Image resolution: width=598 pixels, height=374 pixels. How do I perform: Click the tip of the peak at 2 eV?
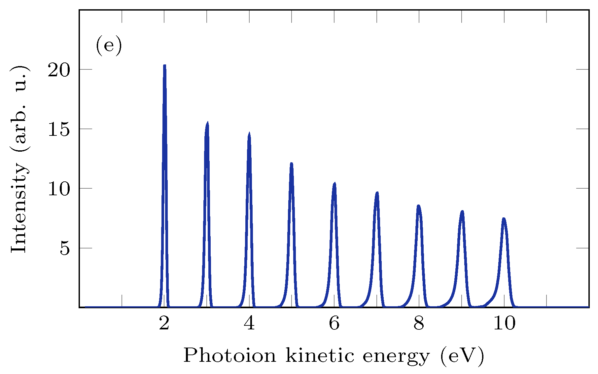pos(164,65)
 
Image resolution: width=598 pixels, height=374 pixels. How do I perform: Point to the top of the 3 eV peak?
pos(207,123)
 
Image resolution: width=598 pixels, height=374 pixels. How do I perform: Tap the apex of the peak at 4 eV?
pos(249,133)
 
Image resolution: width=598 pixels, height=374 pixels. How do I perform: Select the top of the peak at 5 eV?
pos(291,163)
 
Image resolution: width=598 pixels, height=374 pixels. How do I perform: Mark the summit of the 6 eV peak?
pos(334,183)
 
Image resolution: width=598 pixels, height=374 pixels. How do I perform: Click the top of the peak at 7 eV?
pos(377,192)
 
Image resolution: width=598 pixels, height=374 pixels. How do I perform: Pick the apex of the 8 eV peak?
pos(418,206)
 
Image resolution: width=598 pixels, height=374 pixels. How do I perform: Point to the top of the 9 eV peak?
pos(462,211)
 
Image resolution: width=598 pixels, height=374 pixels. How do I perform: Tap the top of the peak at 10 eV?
pos(504,218)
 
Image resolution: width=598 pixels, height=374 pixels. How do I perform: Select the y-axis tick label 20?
pos(59,70)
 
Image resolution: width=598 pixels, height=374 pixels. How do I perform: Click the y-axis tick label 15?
pos(59,129)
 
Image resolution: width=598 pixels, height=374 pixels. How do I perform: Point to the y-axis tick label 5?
pos(65,248)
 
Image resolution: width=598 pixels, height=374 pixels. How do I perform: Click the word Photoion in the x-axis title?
pos(229,356)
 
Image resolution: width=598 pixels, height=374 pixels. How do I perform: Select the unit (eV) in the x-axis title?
pos(462,356)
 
